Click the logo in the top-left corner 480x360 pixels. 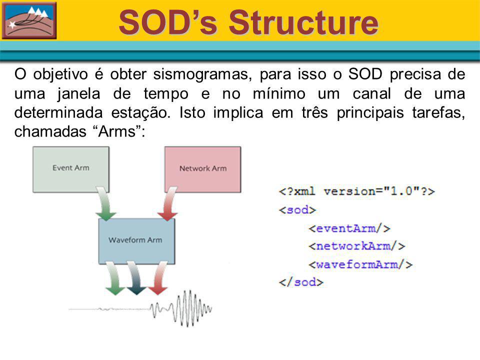coord(29,20)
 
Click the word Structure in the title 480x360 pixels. coord(303,22)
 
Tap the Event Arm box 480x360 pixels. coord(71,169)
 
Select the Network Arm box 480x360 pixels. coord(202,169)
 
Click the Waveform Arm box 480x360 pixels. coord(136,241)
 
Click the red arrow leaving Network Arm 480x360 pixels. coord(168,203)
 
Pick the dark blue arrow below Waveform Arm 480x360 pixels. coord(135,278)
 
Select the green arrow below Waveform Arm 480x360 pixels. coord(114,278)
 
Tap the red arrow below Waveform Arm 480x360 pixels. coord(158,278)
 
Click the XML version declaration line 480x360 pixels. coord(356,191)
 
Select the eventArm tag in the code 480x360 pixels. coord(349,228)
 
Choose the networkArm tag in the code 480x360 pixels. coord(356,246)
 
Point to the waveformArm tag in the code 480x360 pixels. coord(360,264)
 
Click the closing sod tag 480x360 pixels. coord(301,282)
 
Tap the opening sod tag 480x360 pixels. coord(297,210)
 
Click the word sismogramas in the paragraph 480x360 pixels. coord(202,74)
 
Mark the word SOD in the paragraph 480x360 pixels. coord(365,74)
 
